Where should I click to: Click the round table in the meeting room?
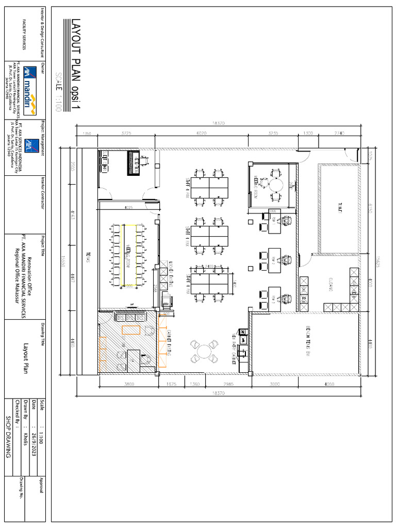click(277, 184)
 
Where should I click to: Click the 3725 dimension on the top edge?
click(126, 133)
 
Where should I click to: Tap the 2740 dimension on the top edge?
click(339, 133)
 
